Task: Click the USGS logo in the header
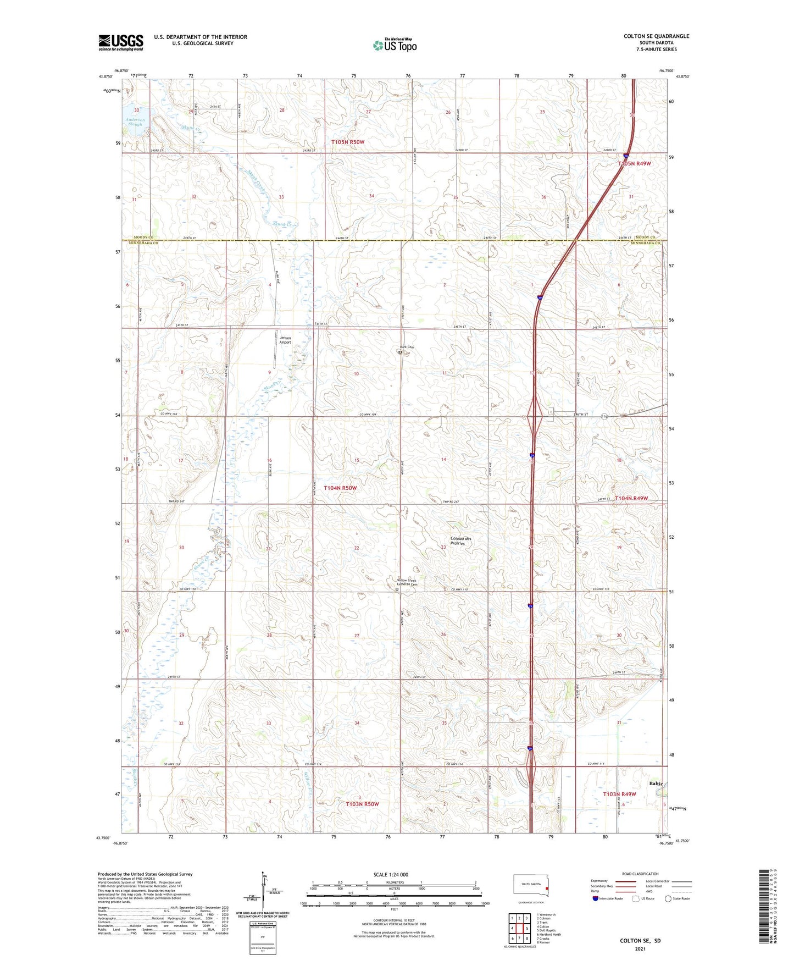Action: pos(121,42)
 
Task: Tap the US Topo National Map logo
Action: pos(395,45)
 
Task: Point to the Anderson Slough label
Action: pos(135,122)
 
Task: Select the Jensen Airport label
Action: pos(285,340)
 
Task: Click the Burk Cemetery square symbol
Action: pos(400,352)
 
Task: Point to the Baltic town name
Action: pos(656,783)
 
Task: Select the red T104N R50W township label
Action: pos(340,488)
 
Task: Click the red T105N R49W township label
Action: pos(634,163)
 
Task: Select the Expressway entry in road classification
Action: pos(599,881)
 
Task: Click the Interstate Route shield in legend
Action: pos(596,898)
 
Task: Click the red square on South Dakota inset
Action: pos(547,887)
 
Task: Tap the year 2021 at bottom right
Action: pos(640,948)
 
